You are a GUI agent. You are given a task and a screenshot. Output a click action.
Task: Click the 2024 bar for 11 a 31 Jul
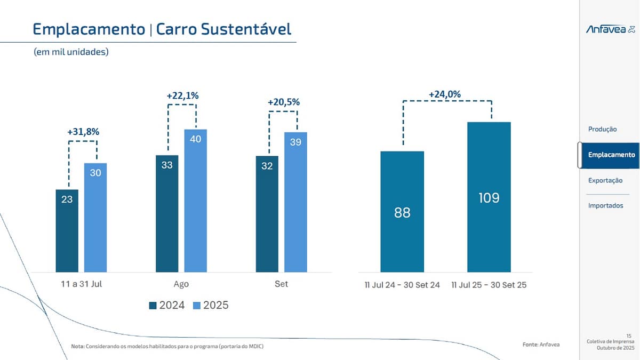pyautogui.click(x=67, y=230)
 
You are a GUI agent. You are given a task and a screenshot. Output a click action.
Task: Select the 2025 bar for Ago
pyautogui.click(x=195, y=201)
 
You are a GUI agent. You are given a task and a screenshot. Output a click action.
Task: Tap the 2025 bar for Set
pyautogui.click(x=295, y=202)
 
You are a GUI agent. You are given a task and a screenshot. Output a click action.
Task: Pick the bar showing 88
pyautogui.click(x=402, y=212)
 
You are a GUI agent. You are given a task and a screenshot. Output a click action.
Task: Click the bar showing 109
pyautogui.click(x=489, y=197)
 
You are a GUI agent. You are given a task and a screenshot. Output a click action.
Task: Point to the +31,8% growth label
pyautogui.click(x=83, y=132)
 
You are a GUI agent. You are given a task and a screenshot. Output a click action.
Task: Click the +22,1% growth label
pyautogui.click(x=182, y=96)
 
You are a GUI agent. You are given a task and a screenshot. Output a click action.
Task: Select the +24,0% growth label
pyautogui.click(x=445, y=94)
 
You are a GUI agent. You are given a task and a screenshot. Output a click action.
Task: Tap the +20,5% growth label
pyautogui.click(x=283, y=102)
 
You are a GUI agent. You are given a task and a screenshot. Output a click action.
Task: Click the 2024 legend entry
pyautogui.click(x=167, y=306)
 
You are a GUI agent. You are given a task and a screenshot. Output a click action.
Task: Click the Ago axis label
pyautogui.click(x=181, y=284)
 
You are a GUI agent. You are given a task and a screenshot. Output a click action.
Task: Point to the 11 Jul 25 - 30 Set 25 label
pyautogui.click(x=489, y=285)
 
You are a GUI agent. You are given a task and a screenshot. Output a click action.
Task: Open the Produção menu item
pyautogui.click(x=602, y=129)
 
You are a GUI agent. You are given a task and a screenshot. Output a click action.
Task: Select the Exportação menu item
pyautogui.click(x=605, y=180)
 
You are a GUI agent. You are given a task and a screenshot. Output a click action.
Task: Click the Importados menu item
pyautogui.click(x=605, y=206)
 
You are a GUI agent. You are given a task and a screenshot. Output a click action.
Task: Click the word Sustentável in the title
pyautogui.click(x=246, y=29)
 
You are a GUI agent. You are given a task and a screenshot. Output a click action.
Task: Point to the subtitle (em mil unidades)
pyautogui.click(x=71, y=52)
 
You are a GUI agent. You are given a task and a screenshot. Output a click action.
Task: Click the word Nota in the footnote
pyautogui.click(x=77, y=347)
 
